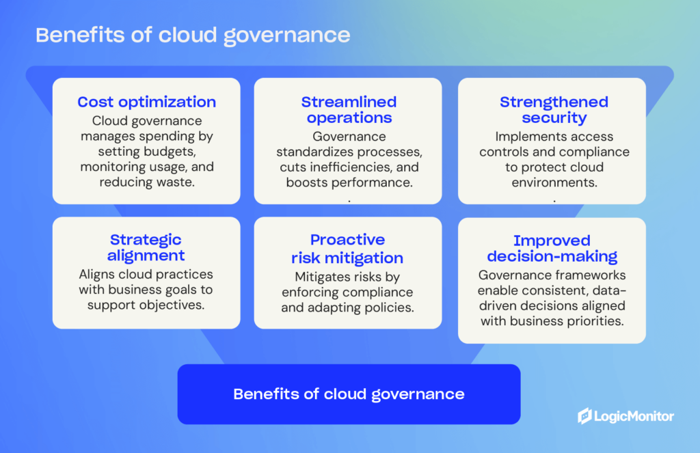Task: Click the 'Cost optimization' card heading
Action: pos(146,102)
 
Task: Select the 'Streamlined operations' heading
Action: pos(349,110)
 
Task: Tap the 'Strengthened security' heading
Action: pos(554,110)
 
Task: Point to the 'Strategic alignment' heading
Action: pos(146,248)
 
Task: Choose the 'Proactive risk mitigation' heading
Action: pos(347,249)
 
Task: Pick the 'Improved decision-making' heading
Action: pos(552,249)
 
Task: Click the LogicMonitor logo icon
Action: pos(584,416)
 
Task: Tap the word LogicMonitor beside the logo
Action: pos(634,416)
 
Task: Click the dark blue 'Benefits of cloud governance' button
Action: pos(349,394)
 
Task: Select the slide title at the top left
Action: pos(193,36)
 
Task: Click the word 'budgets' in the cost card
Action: pos(172,152)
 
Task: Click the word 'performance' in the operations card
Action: pos(378,183)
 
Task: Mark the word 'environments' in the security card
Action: pos(554,182)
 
